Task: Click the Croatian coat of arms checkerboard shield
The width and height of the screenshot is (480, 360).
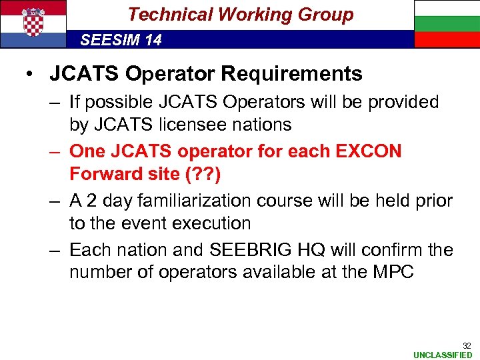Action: click(x=33, y=24)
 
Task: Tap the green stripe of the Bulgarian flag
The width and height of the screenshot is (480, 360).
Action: click(x=447, y=24)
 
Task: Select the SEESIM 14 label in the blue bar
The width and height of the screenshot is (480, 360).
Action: click(x=121, y=40)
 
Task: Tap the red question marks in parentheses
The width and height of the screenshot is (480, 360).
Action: click(x=203, y=174)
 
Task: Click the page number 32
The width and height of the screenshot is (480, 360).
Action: click(x=467, y=345)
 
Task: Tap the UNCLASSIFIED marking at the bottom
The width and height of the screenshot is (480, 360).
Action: click(x=443, y=355)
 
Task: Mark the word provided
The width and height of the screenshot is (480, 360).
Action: click(x=403, y=102)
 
